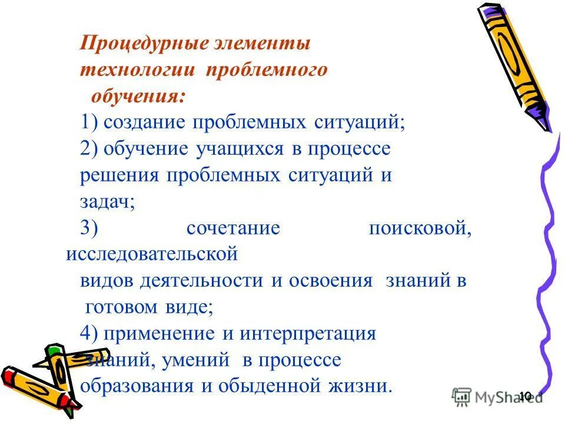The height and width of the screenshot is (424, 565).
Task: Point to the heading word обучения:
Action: [x=139, y=96]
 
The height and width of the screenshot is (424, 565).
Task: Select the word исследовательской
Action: [x=151, y=254]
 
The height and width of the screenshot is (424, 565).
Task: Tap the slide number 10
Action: [x=525, y=396]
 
